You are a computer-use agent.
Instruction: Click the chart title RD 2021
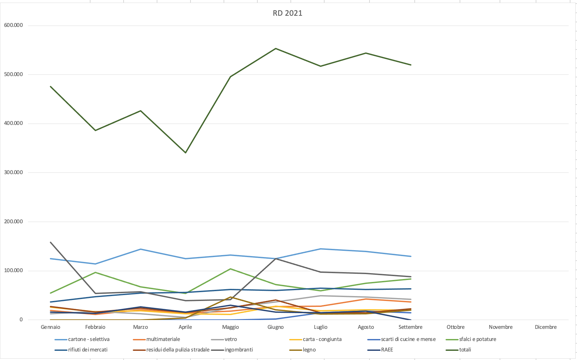point(288,13)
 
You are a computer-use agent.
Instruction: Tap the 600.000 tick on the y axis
point(13,25)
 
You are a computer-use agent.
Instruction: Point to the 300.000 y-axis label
point(13,172)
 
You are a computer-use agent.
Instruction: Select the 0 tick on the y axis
point(21,320)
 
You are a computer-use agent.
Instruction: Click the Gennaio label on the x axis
point(50,327)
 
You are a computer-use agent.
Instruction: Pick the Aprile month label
point(185,327)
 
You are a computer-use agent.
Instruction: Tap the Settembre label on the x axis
point(410,327)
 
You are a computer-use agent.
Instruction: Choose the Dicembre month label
point(546,327)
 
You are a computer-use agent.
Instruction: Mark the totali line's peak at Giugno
point(276,49)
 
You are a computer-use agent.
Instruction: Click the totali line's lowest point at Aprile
point(186,153)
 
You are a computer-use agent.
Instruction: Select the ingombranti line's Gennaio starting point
point(50,242)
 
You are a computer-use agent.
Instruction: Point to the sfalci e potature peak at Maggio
point(230,269)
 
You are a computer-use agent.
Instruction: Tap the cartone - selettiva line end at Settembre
point(411,256)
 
